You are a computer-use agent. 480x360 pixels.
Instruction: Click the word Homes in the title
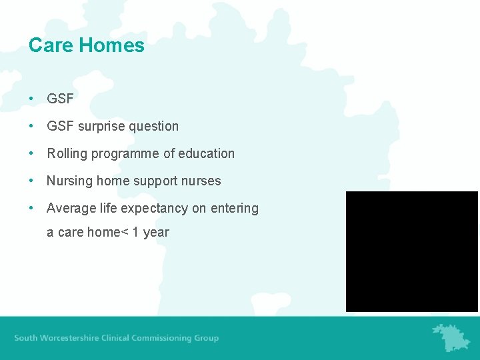point(111,45)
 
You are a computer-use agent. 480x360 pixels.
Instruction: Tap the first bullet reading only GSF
point(60,99)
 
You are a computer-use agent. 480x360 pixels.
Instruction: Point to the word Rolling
point(67,153)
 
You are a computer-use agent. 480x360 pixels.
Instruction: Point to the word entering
point(234,208)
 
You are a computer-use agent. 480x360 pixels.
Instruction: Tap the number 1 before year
point(136,233)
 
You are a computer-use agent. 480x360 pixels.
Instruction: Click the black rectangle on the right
point(411,251)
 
